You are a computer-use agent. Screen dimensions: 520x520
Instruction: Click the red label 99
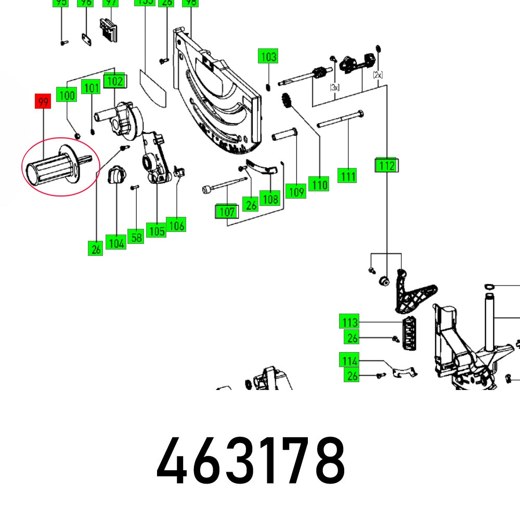coord(43,101)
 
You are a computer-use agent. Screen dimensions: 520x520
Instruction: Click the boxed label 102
coord(115,81)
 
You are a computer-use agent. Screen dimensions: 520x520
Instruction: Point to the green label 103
coord(268,56)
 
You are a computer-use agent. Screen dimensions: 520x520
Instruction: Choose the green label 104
coord(115,242)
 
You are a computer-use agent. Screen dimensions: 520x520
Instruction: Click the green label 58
coord(136,237)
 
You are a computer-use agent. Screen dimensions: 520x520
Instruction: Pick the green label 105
coord(157,231)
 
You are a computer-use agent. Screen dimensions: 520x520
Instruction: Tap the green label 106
coord(176,225)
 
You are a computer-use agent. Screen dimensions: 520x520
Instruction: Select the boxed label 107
coord(227,212)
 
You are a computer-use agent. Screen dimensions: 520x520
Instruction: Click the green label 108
coord(270,198)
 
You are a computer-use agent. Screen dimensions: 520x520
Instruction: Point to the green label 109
coord(296,191)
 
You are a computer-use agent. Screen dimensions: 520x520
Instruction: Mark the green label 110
coord(318,184)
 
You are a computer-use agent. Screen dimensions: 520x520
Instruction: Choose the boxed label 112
coord(386,165)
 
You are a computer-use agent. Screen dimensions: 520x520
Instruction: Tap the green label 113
coord(349,322)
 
